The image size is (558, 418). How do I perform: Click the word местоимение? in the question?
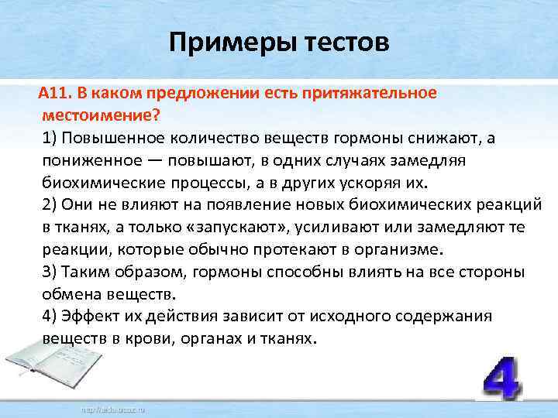pos(101,115)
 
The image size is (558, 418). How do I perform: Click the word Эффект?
pos(93,317)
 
